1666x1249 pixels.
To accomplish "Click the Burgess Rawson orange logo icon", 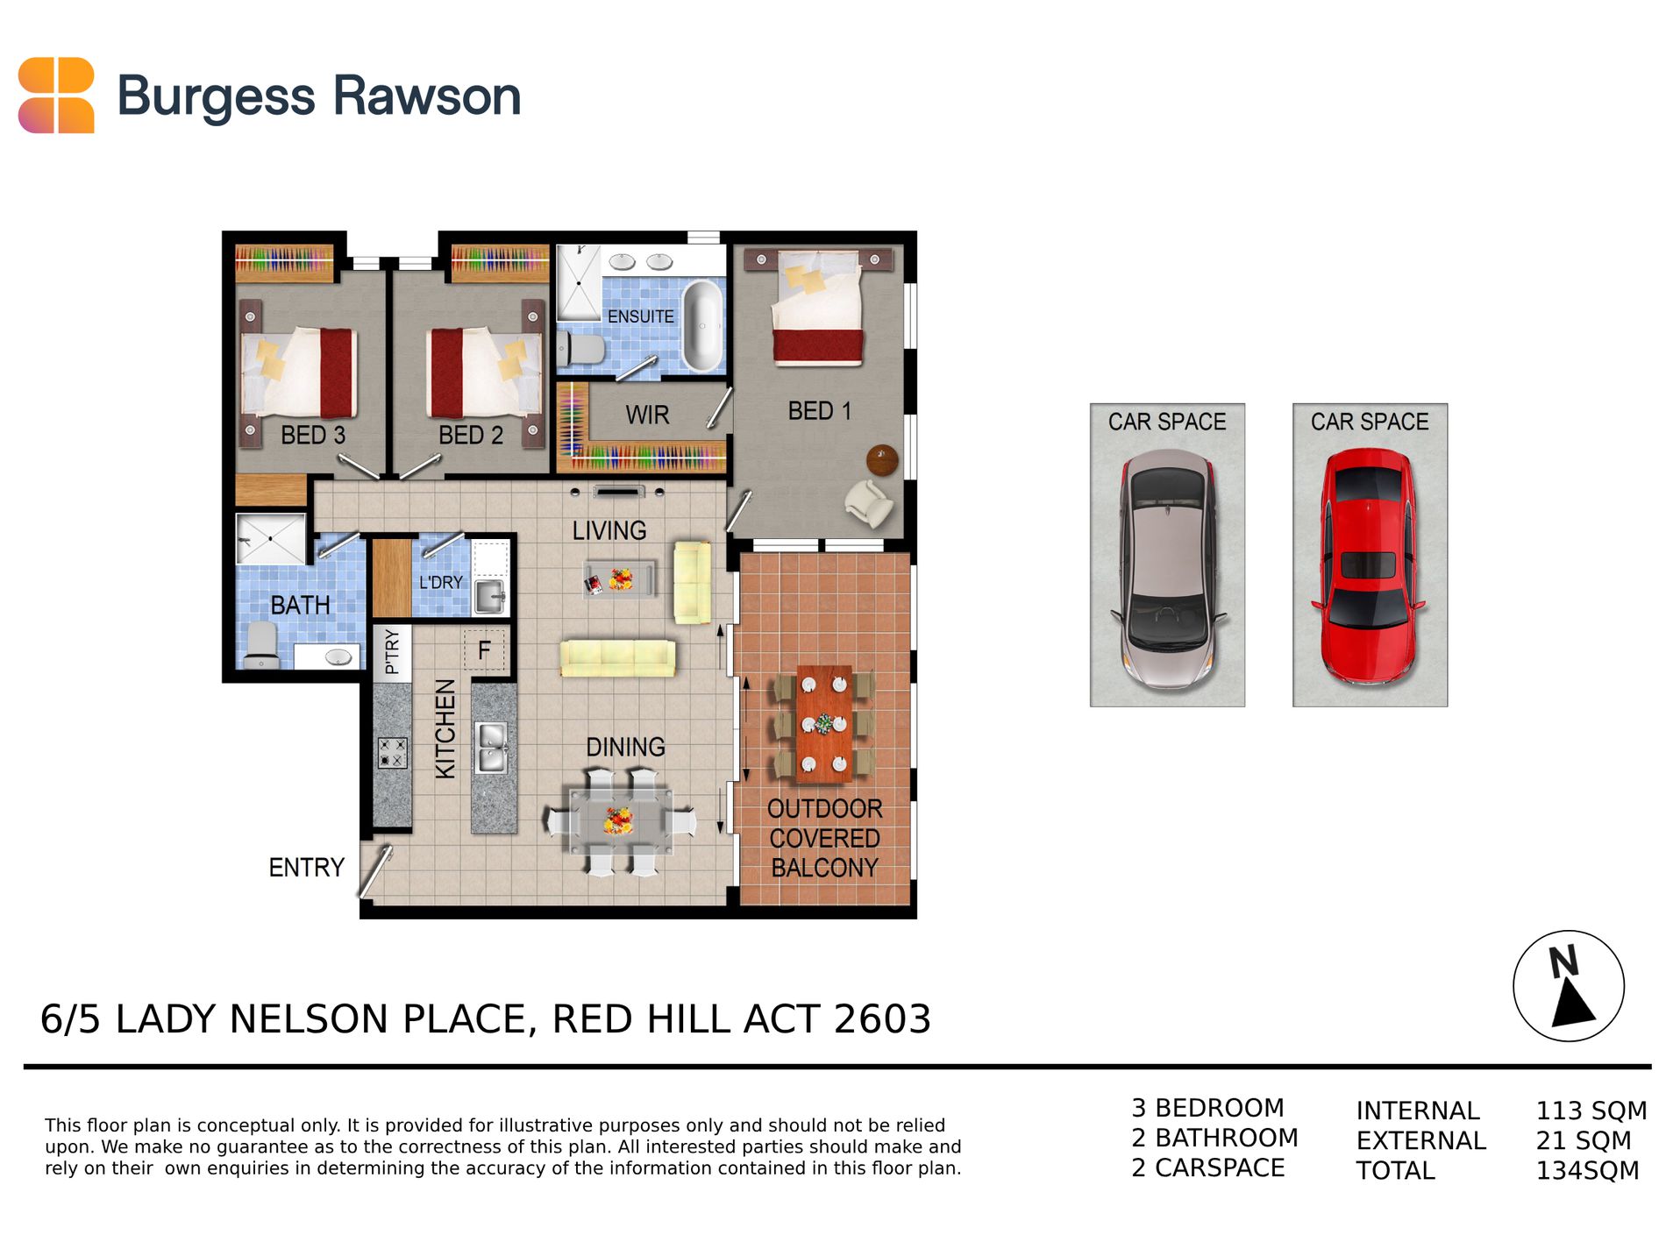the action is coord(56,96).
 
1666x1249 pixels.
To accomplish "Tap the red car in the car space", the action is coord(1368,566).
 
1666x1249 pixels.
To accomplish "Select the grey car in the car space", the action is coord(1168,568).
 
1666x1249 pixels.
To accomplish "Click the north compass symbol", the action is coord(1568,986).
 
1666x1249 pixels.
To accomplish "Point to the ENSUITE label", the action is coord(641,316).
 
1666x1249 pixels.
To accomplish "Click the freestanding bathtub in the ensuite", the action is coord(702,325).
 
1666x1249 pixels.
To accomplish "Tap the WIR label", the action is coord(647,415).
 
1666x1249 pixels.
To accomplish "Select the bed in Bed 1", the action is coord(817,306).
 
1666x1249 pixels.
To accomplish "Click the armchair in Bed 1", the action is coord(868,503).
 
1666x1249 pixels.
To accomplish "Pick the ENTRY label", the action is coord(306,868).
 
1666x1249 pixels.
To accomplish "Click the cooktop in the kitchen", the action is coord(392,752).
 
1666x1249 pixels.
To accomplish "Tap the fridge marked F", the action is coord(484,650).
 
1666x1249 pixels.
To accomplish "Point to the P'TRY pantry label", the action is coord(391,651).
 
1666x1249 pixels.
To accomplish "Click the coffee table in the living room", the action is coord(620,579).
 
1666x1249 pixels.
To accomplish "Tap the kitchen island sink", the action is coord(491,747).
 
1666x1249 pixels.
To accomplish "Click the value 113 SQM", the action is coord(1591,1111).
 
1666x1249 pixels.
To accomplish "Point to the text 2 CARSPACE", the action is coord(1207,1167).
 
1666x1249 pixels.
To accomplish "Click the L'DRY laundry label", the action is coord(440,582).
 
